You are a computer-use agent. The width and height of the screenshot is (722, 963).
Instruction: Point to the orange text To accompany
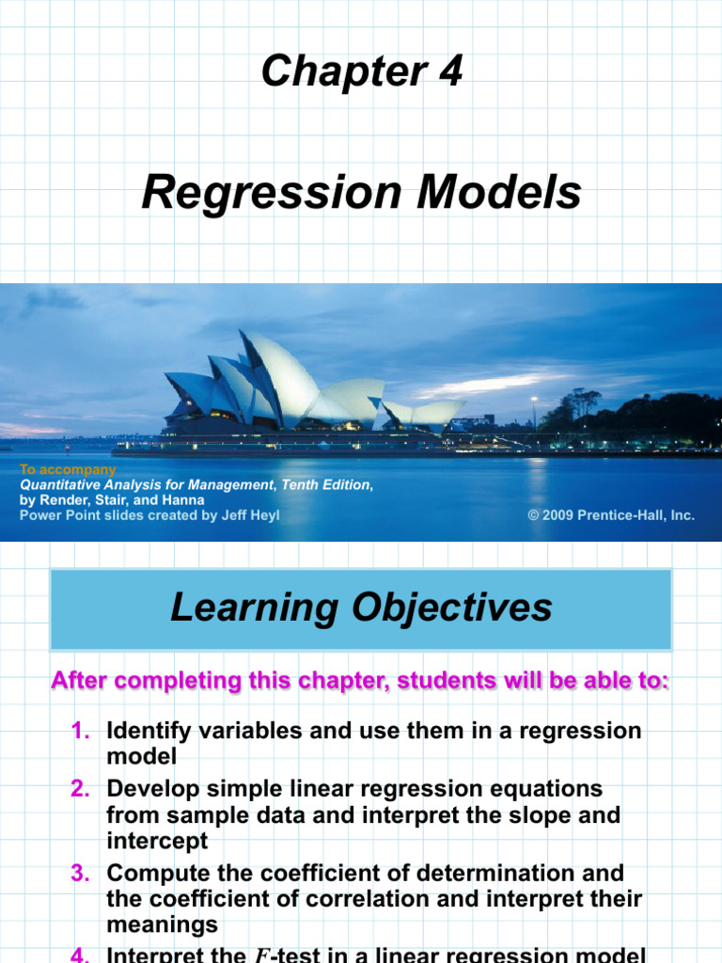pos(68,469)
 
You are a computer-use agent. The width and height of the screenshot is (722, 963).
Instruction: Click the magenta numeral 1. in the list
pos(82,731)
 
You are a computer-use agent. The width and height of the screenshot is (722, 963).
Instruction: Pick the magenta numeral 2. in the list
pos(82,788)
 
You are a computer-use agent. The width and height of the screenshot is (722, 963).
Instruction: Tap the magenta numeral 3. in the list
pos(82,874)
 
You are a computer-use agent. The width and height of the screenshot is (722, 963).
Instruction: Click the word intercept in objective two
pos(157,841)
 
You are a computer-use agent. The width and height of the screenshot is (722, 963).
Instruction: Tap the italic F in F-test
pos(260,956)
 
